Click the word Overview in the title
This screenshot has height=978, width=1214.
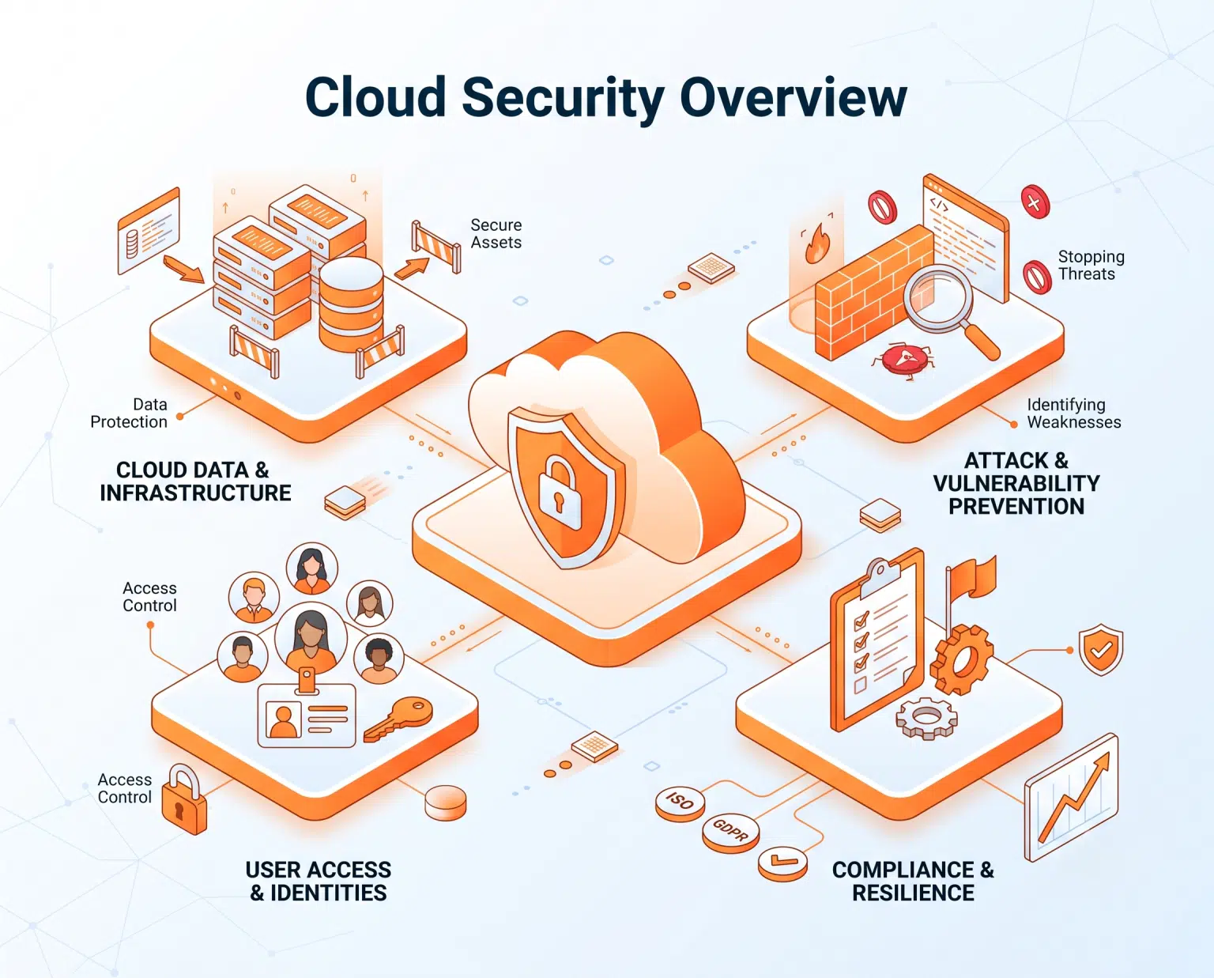793,96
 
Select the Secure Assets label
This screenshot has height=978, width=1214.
496,234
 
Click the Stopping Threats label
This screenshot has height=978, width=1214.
1091,265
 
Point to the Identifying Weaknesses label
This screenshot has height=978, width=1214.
1073,413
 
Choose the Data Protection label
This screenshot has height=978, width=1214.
129,413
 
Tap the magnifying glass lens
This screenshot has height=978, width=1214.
937,299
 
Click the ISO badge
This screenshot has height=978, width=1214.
679,803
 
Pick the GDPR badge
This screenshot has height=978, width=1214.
730,833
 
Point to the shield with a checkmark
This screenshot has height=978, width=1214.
1100,649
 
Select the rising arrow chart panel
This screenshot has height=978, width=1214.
1071,797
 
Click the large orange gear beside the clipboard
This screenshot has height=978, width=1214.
962,659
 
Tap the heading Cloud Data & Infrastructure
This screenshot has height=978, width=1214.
195,481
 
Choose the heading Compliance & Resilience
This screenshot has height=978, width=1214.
913,881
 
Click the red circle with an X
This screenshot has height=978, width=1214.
1035,202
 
